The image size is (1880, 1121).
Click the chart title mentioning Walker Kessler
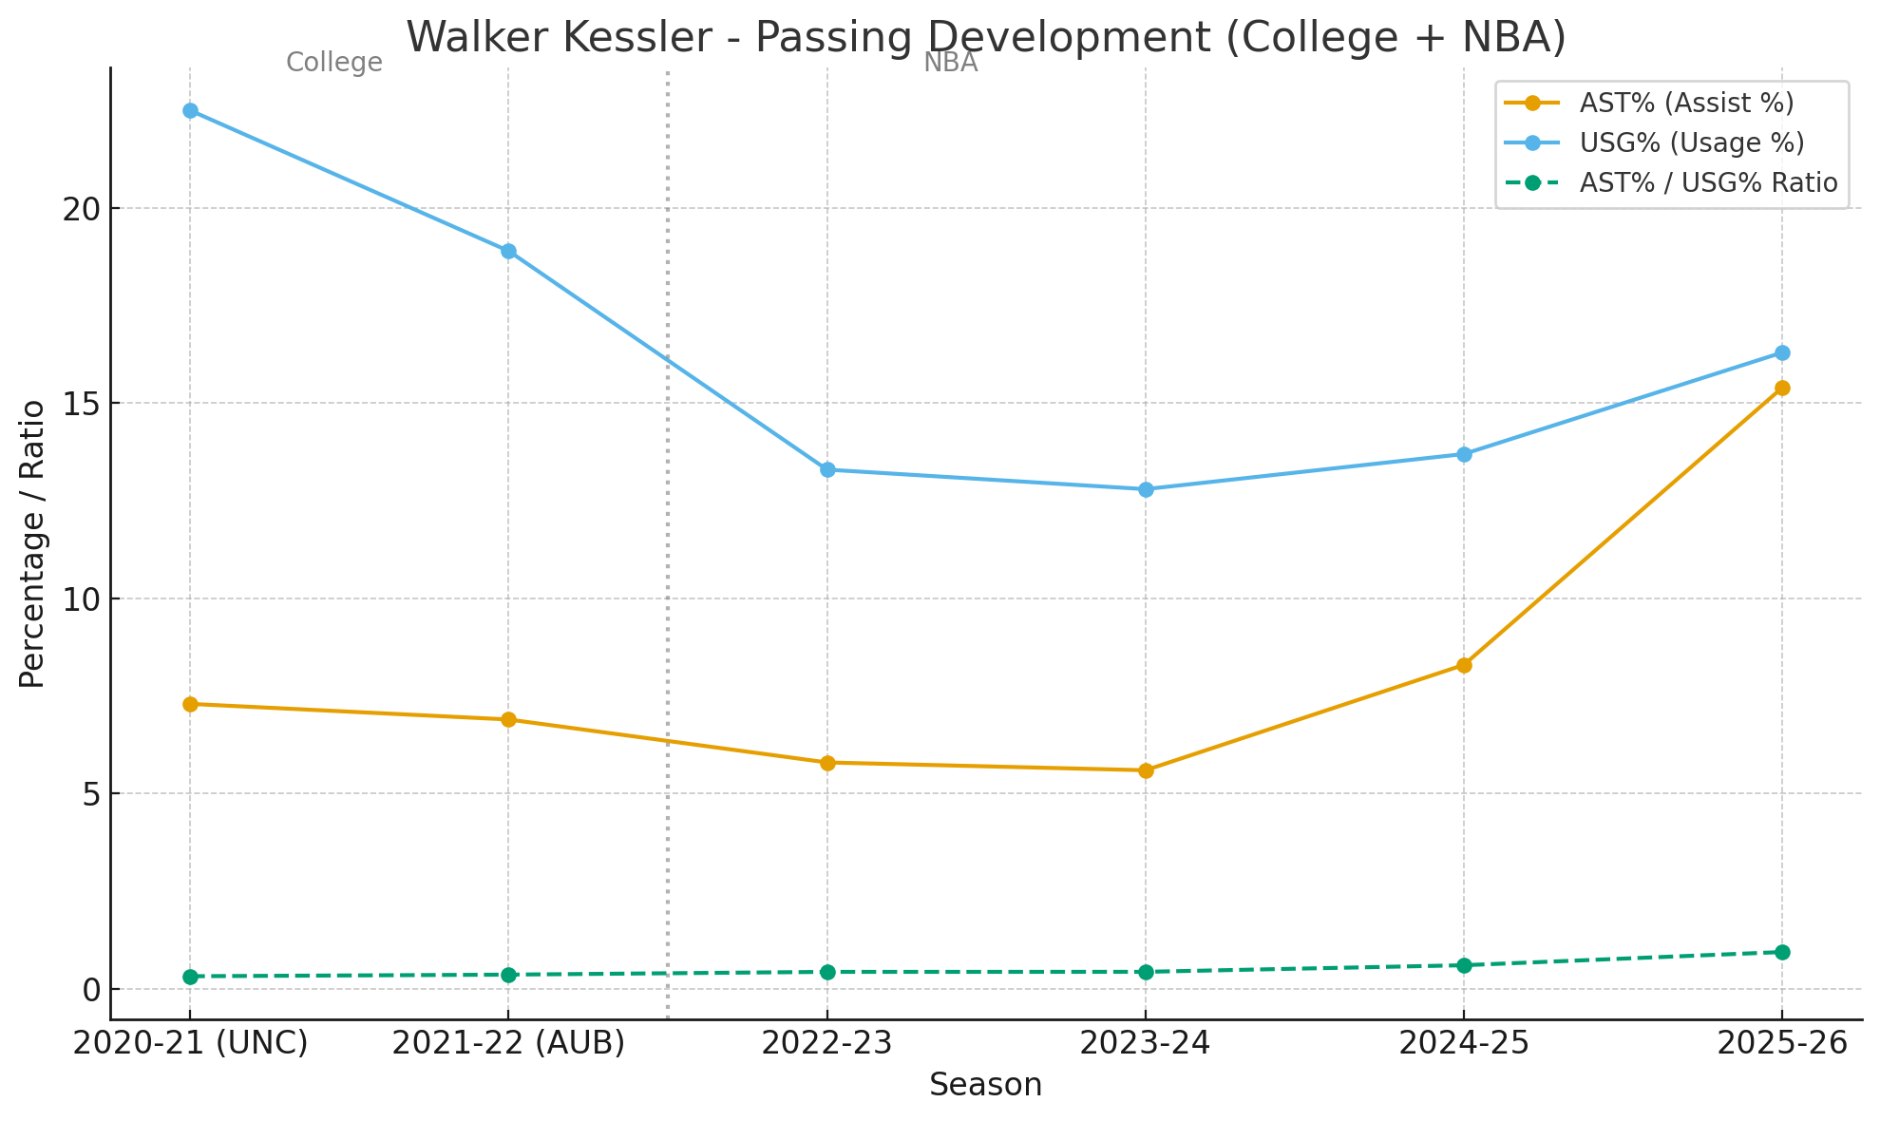pyautogui.click(x=985, y=38)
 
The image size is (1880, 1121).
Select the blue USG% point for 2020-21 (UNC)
pyautogui.click(x=190, y=110)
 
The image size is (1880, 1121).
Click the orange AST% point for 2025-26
pyautogui.click(x=1781, y=388)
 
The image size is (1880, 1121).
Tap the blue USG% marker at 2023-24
pyautogui.click(x=1146, y=489)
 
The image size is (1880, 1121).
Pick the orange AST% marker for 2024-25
pyautogui.click(x=1464, y=665)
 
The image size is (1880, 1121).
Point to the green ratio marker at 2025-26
pyautogui.click(x=1781, y=952)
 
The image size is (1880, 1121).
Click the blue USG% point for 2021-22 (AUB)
pyautogui.click(x=508, y=251)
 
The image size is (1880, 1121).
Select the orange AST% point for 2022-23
pyautogui.click(x=827, y=763)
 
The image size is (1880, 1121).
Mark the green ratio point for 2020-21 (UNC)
pyautogui.click(x=190, y=977)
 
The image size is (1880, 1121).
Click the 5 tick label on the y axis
pyautogui.click(x=91, y=794)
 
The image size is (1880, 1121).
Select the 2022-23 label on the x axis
pyautogui.click(x=827, y=1043)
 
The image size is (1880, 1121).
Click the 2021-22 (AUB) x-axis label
pyautogui.click(x=508, y=1043)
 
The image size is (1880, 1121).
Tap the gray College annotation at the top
pyautogui.click(x=334, y=63)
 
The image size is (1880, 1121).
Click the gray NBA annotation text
pyautogui.click(x=950, y=63)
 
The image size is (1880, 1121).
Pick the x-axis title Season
pyautogui.click(x=985, y=1085)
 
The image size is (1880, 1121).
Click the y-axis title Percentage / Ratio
pyautogui.click(x=32, y=543)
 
